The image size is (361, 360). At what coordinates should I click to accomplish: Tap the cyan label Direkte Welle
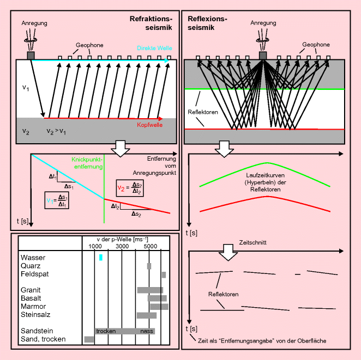(155, 48)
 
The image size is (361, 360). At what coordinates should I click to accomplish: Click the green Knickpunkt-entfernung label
(87, 163)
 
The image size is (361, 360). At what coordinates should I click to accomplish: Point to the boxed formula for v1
(57, 204)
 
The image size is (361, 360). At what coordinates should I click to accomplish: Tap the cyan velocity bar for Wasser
(101, 258)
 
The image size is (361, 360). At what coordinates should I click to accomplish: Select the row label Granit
(31, 290)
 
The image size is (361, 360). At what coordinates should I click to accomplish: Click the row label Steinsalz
(35, 315)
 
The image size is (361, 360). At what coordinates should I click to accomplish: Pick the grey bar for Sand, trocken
(89, 339)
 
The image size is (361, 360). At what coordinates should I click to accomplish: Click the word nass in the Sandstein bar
(147, 331)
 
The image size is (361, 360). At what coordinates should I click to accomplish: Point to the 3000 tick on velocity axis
(122, 247)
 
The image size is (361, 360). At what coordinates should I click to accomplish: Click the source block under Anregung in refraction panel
(31, 56)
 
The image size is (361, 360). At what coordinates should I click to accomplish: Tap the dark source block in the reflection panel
(263, 56)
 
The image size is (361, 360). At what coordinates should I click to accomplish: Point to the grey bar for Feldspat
(164, 274)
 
